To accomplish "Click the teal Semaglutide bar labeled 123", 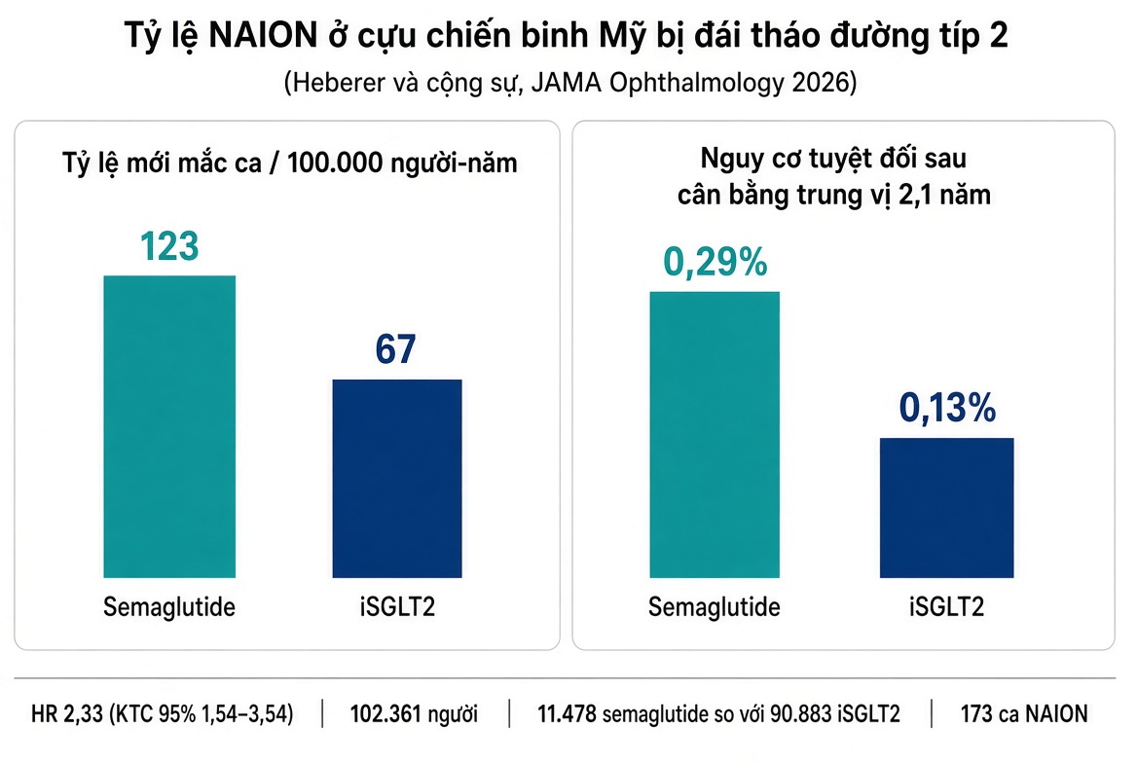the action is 169,426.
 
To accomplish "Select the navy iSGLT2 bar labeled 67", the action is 397,479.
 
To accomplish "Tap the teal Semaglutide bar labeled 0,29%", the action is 715,434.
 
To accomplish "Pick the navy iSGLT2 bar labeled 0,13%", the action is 947,508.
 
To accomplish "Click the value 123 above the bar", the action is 169,246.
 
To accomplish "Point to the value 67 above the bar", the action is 396,349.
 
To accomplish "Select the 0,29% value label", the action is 715,262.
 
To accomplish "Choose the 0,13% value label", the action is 948,408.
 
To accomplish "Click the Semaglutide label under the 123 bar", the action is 169,607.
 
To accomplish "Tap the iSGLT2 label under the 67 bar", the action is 397,607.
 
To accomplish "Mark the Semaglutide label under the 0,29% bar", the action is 715,607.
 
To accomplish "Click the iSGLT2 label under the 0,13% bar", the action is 947,607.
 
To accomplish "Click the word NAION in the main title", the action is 263,36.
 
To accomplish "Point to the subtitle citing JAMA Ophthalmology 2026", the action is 569,83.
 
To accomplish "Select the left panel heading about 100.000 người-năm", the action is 289,163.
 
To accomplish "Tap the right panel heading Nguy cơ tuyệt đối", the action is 834,176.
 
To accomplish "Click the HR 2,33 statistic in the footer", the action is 163,714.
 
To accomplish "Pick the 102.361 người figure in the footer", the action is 414,714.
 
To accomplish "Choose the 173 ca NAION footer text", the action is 1024,714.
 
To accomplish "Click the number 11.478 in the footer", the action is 568,714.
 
